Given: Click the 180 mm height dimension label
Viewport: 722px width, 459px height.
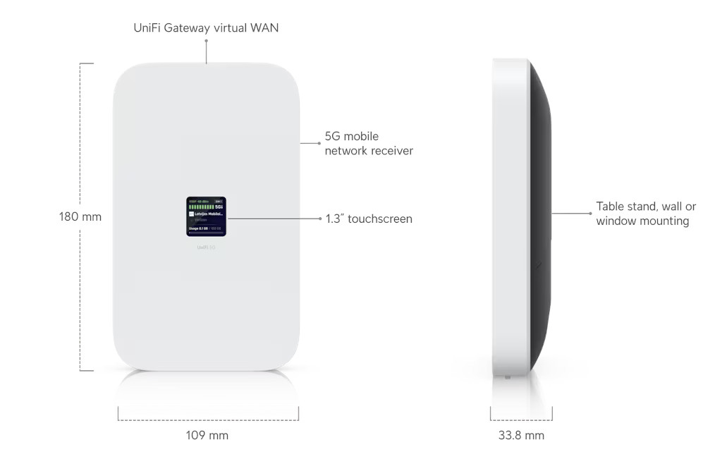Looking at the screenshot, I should (80, 216).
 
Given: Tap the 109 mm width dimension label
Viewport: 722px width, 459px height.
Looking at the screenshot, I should (207, 435).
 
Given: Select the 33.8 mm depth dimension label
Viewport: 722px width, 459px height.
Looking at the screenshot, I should (521, 435).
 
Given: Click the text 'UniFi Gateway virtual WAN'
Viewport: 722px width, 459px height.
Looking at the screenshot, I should (206, 27).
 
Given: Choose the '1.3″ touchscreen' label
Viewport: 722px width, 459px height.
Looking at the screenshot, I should (369, 219).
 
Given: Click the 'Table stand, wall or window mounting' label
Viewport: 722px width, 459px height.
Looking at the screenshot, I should (646, 214).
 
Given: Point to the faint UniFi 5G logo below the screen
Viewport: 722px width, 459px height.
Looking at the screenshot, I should (207, 247).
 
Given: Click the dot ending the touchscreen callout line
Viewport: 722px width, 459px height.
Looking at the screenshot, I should (321, 219).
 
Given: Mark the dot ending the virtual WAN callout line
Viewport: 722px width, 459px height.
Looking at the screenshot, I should (206, 40).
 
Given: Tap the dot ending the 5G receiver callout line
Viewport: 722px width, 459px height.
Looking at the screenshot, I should (320, 143).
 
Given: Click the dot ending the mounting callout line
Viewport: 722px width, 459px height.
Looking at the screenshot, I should (591, 212).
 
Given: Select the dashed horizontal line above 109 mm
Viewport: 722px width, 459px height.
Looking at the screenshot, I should (208, 420).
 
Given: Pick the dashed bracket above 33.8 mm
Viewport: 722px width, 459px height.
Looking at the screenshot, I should (521, 420).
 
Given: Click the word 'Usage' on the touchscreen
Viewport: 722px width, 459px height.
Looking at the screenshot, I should (193, 228).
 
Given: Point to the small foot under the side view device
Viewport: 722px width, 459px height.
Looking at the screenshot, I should (507, 376).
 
